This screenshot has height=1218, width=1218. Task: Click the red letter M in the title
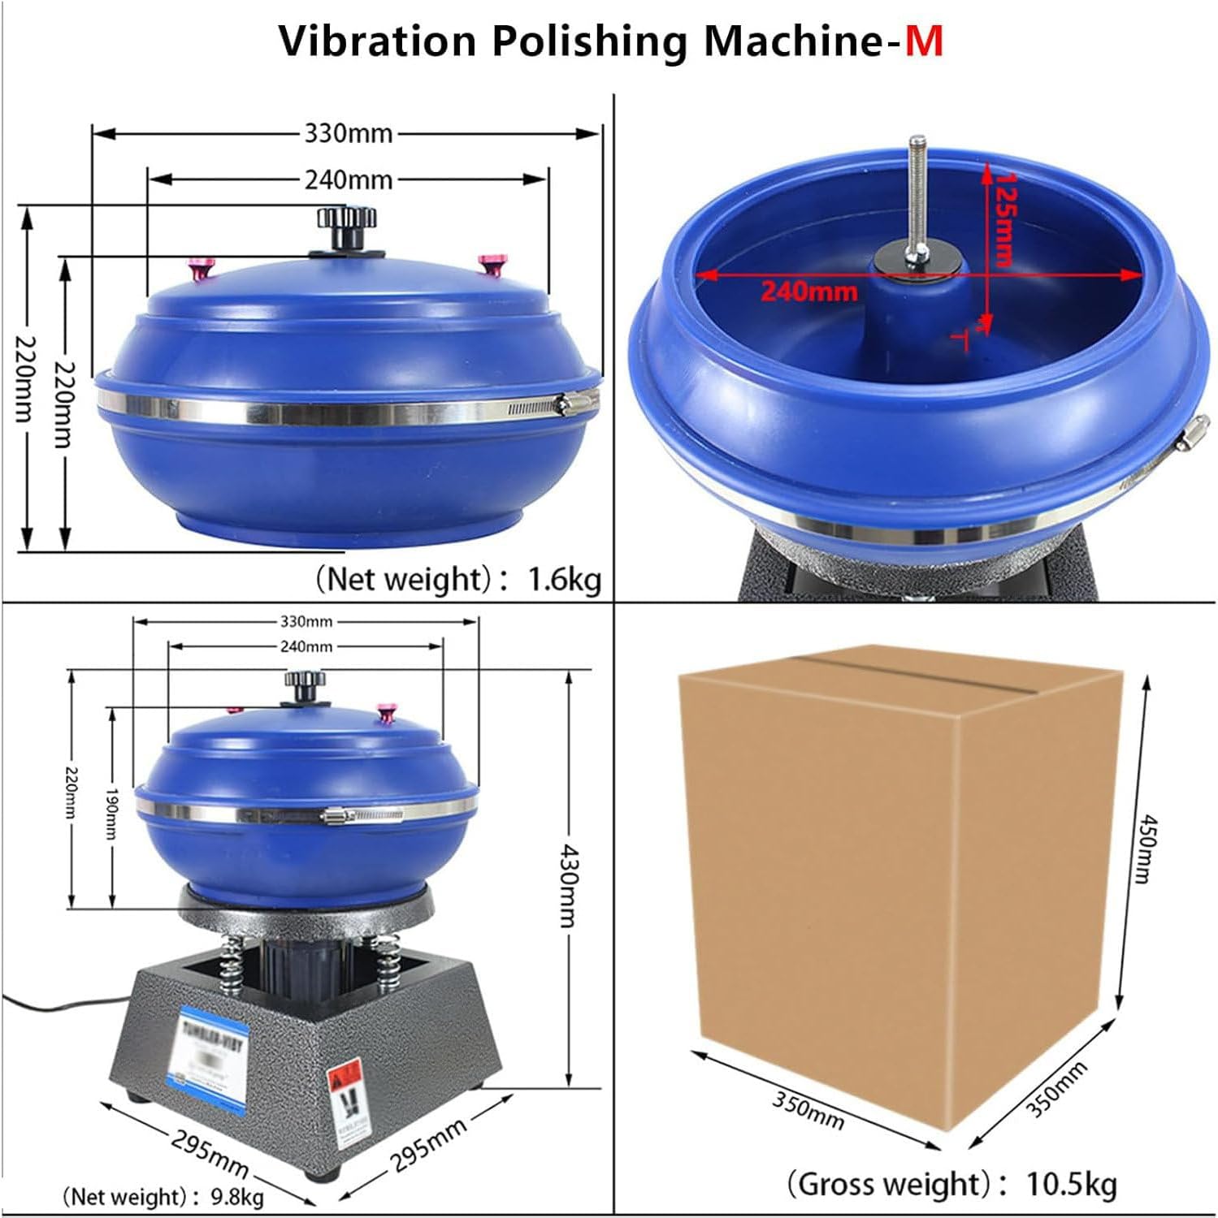click(924, 41)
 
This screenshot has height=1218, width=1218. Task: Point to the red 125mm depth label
click(1005, 219)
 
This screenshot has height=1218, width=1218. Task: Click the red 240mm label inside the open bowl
click(808, 291)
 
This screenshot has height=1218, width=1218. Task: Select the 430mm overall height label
click(568, 886)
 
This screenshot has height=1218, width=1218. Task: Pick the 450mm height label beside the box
click(1145, 849)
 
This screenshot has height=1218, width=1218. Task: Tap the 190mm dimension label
click(112, 813)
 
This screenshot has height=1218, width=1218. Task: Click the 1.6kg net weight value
click(565, 580)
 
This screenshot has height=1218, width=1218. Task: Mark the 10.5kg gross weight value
click(1072, 1184)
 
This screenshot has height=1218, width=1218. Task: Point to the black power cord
click(49, 1005)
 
